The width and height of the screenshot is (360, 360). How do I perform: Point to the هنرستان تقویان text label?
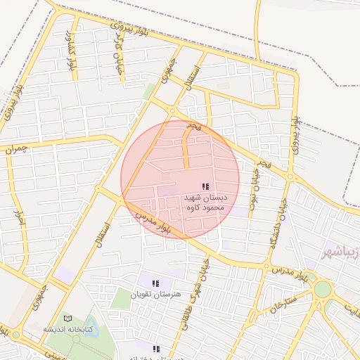tap(155, 292)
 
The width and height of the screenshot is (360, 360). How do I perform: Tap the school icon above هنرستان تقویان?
tap(155, 283)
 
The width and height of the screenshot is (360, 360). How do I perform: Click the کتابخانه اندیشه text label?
tap(67, 329)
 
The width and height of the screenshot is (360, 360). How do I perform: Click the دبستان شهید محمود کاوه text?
tap(205, 202)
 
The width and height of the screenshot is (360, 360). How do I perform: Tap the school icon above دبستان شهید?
tap(205, 186)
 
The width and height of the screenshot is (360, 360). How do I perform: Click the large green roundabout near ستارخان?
tap(323, 289)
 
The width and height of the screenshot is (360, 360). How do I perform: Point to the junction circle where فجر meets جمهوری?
tap(172, 110)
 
